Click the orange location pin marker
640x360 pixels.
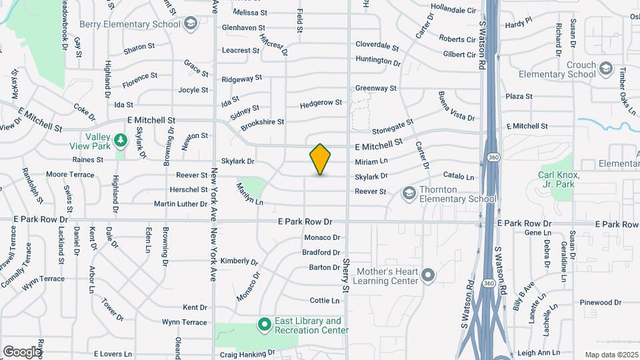point(321,159)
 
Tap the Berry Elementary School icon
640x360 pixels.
point(191,25)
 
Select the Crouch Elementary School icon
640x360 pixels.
point(605,69)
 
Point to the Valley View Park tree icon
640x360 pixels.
point(120,140)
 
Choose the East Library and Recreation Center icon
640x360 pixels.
point(264,325)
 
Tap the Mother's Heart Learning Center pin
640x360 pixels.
point(429,275)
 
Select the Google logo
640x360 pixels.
point(22,351)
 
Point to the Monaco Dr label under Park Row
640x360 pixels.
point(322,237)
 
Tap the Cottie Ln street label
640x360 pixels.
point(325,301)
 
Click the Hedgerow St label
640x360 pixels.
point(321,103)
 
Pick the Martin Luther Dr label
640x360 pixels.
point(181,203)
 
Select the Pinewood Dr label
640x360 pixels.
point(601,303)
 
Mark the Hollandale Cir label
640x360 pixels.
point(453,11)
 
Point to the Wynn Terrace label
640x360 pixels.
point(185,322)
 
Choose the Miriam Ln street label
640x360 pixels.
point(371,161)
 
